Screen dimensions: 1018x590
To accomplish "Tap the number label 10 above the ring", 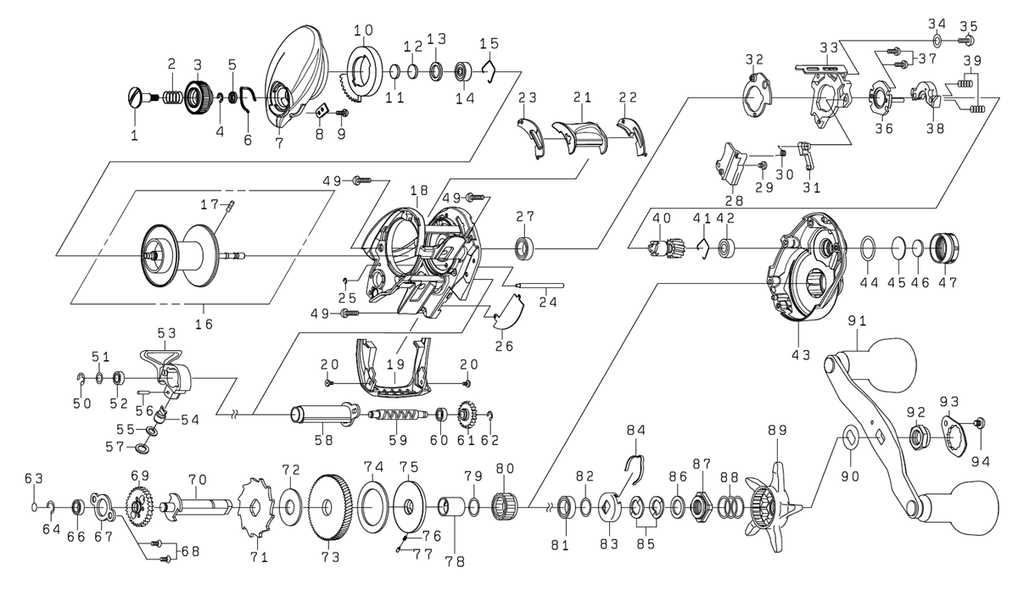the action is click(x=364, y=31).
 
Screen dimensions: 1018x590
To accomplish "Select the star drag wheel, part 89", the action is click(x=774, y=507).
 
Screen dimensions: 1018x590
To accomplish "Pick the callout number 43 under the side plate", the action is click(x=801, y=354).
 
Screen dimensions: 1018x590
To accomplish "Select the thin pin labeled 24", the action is click(x=540, y=285).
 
